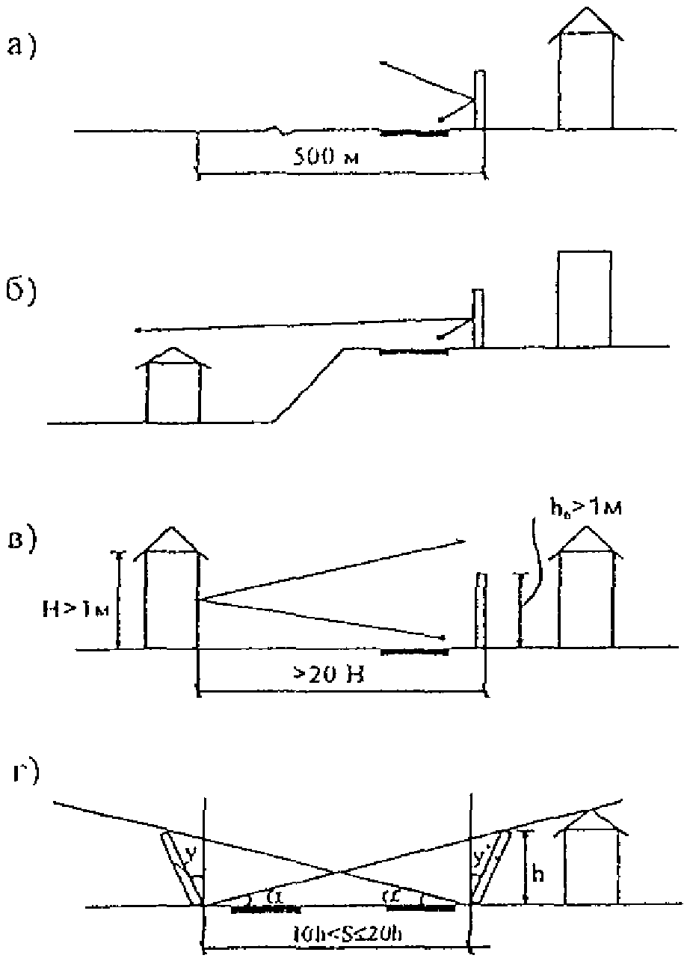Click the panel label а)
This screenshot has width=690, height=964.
point(22,47)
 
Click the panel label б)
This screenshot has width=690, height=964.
point(23,289)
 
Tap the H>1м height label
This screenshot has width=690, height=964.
point(81,610)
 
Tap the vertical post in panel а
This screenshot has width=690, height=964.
point(480,101)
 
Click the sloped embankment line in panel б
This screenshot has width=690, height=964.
point(308,384)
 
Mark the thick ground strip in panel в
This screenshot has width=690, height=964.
point(415,651)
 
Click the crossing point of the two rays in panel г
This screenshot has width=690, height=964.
point(339,871)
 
